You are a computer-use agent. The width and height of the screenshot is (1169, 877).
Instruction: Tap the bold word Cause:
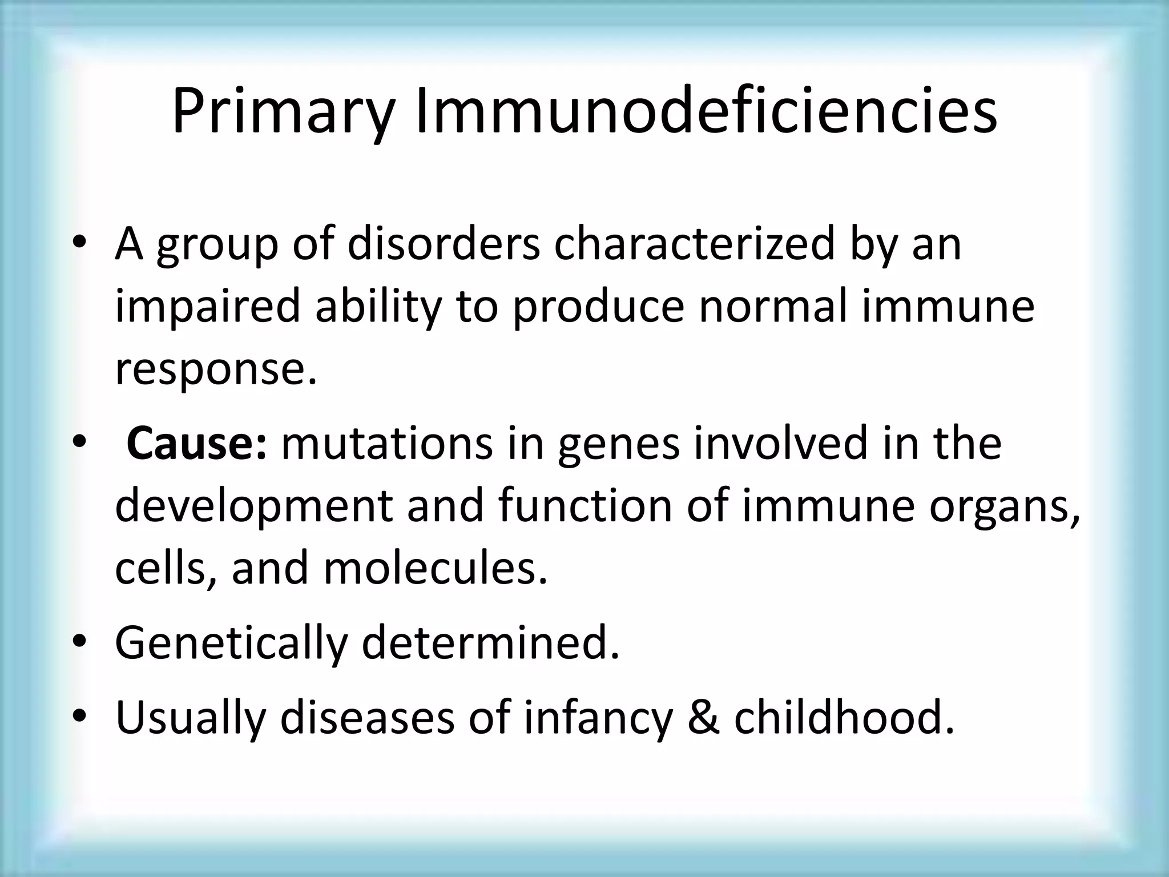pyautogui.click(x=196, y=444)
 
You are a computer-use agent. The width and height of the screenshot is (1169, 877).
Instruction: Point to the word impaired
pyautogui.click(x=207, y=307)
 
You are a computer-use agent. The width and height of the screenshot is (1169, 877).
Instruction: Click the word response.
pyautogui.click(x=216, y=369)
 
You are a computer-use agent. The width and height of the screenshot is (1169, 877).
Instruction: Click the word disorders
pyautogui.click(x=444, y=244)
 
